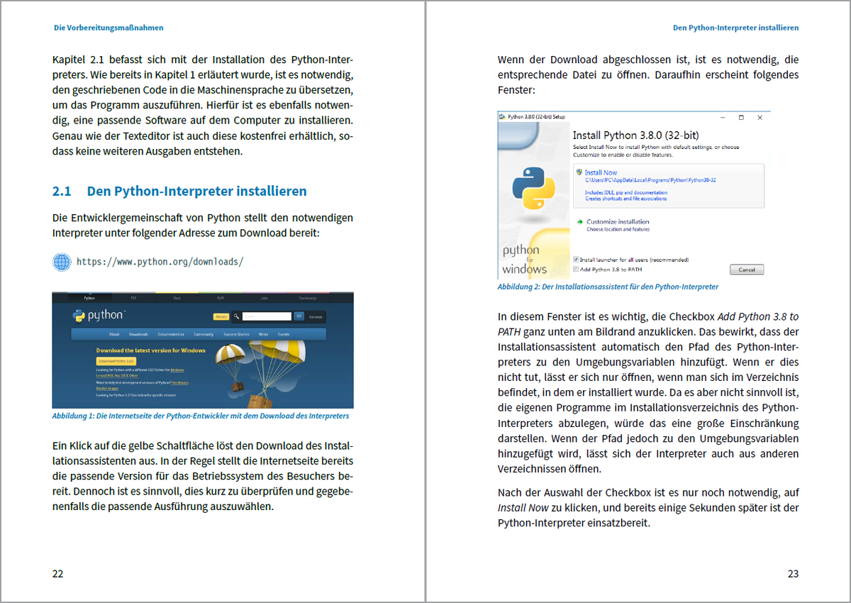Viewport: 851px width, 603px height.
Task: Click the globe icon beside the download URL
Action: click(x=62, y=262)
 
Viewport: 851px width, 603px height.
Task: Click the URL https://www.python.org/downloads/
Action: click(x=160, y=262)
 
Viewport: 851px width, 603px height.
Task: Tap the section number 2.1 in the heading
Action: click(x=62, y=192)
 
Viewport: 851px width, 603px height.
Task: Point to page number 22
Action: click(x=57, y=573)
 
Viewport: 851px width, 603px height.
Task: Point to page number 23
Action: click(x=793, y=573)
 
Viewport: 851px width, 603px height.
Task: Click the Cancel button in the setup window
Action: click(x=747, y=270)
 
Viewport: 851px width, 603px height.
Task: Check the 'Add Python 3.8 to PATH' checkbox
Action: click(x=576, y=270)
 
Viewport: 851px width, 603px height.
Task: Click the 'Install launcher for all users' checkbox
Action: click(x=576, y=260)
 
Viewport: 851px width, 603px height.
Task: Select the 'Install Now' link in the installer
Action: click(x=600, y=172)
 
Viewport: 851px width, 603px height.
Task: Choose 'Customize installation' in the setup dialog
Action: click(x=618, y=221)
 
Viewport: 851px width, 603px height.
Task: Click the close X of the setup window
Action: click(x=760, y=117)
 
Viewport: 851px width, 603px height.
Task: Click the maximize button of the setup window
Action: click(x=741, y=117)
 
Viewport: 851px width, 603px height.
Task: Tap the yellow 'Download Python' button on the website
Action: click(x=116, y=361)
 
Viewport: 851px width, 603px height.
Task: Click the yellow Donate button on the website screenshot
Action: click(x=221, y=316)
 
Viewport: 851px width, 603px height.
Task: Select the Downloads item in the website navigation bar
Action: click(x=138, y=334)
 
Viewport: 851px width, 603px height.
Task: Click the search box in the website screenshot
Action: click(x=267, y=316)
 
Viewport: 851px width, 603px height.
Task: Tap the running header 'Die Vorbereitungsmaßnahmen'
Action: click(x=109, y=28)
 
